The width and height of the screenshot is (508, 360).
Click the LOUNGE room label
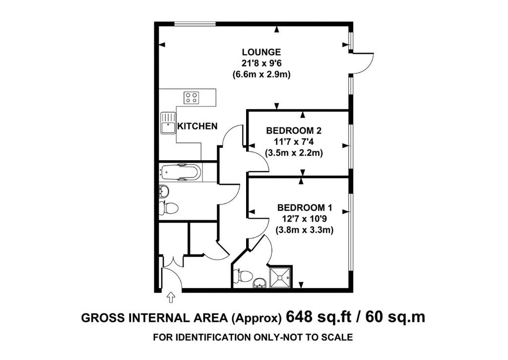coord(261,52)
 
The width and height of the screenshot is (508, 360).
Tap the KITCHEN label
coord(197,126)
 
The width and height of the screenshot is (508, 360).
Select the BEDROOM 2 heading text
coord(294,131)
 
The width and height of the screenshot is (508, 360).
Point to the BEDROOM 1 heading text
coord(305,207)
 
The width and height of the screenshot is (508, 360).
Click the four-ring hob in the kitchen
coord(191,98)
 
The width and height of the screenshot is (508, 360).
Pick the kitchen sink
coord(168,123)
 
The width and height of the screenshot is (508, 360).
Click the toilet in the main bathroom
coord(169,208)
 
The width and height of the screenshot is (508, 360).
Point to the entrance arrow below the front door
coord(171,297)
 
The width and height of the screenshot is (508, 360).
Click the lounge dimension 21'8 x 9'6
coord(261,63)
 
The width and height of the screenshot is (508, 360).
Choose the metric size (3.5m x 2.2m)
coord(294,153)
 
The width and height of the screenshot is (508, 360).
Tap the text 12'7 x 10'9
coord(305,219)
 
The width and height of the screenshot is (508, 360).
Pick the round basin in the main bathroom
coord(164,191)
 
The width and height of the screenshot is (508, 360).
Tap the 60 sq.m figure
coord(395,317)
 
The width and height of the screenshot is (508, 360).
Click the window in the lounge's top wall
coord(195,23)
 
